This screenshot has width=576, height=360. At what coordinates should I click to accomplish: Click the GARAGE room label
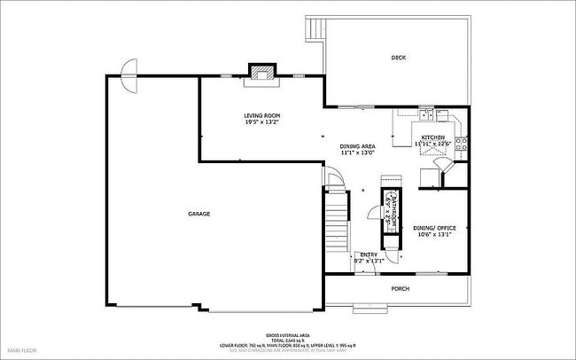(198, 214)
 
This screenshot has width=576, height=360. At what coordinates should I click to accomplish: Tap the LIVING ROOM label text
(262, 115)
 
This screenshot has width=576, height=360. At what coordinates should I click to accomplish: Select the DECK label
(399, 58)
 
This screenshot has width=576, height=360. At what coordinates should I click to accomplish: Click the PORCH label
(401, 288)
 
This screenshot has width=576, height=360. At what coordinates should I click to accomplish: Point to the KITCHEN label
(433, 137)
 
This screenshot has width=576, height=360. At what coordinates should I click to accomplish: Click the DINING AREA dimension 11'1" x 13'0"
(359, 153)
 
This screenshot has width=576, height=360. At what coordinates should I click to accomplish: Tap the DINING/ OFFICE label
(434, 228)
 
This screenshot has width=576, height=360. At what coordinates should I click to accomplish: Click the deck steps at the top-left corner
(312, 30)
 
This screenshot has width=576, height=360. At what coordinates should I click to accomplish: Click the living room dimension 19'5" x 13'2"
(262, 123)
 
